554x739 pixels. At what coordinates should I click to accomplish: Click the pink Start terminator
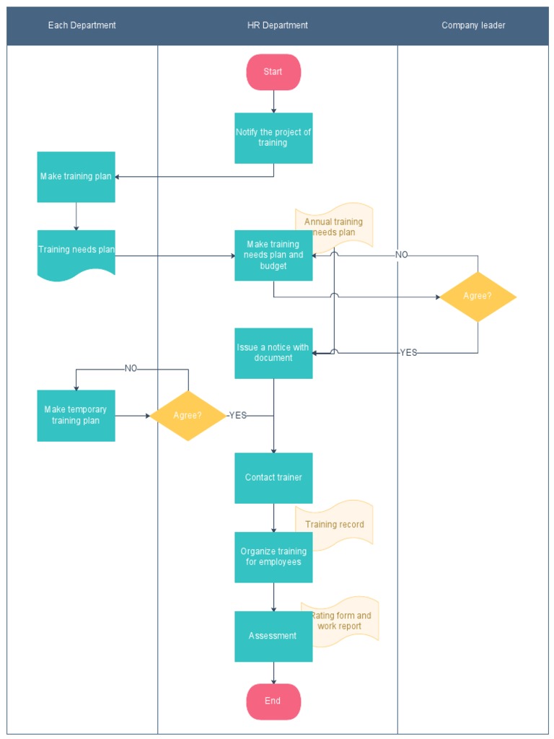[273, 72]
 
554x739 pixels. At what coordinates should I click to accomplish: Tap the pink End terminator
[273, 701]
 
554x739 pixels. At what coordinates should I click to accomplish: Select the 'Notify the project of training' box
[273, 138]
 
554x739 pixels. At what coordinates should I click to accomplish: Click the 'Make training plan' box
[76, 177]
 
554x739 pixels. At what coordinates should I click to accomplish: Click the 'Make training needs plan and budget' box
[273, 255]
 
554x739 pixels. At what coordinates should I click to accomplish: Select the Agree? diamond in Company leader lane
[478, 297]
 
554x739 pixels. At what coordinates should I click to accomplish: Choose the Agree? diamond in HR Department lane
[188, 416]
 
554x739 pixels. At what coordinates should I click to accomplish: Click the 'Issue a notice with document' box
[273, 353]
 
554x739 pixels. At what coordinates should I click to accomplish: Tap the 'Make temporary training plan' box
[76, 416]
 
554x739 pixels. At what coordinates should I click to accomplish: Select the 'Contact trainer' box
[273, 478]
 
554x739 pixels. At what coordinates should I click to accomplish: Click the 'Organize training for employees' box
[273, 557]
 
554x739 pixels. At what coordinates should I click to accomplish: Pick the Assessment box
[273, 637]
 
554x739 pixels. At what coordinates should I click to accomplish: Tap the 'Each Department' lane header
[82, 25]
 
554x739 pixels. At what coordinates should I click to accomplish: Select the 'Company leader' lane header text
[473, 25]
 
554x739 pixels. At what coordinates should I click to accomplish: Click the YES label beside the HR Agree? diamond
[238, 416]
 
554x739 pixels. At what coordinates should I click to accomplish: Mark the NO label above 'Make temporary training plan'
[131, 369]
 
